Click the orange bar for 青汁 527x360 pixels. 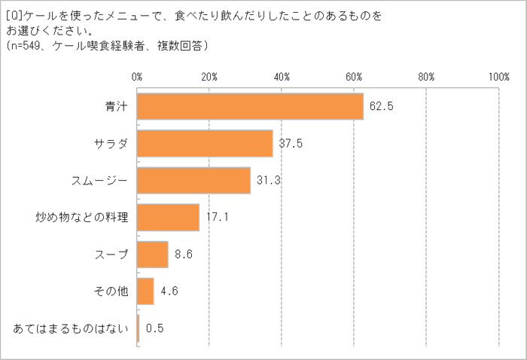point(250,107)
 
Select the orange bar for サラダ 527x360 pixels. point(205,144)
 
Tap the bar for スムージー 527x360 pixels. point(193,181)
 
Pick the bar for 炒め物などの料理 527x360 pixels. point(168,218)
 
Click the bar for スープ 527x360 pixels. point(153,255)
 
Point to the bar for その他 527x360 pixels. point(145,291)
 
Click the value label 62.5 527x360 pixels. point(382,107)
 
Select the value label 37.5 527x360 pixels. point(291,144)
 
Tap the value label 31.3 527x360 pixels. point(268,181)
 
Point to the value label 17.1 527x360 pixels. point(217,218)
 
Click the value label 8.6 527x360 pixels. point(184,255)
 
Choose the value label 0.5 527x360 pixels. point(155,328)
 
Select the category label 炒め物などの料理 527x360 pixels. point(83,218)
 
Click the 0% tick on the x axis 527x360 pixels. point(137,76)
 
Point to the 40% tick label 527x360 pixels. point(282,76)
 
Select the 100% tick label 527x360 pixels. point(498,76)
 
